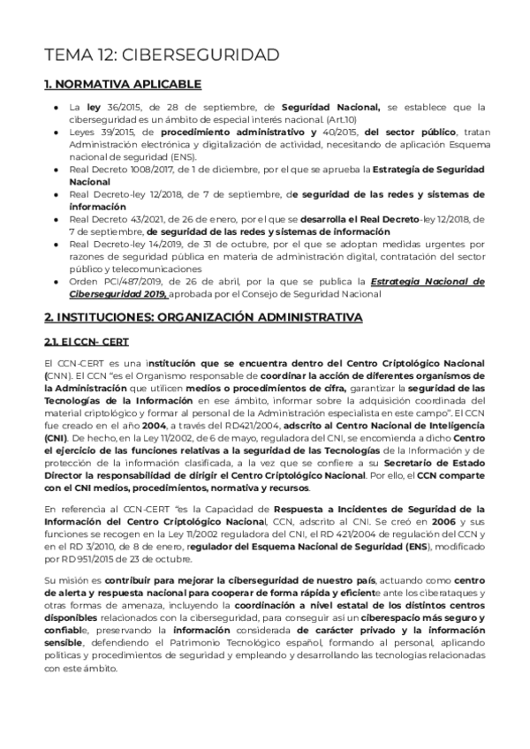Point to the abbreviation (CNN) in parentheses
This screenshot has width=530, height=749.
click(57, 374)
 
